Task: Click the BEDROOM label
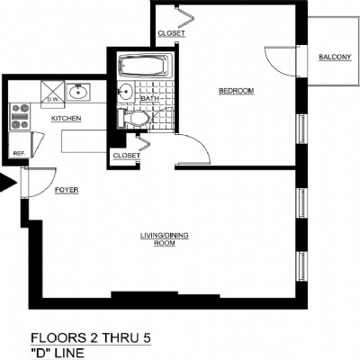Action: [237, 91]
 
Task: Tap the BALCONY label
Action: [335, 58]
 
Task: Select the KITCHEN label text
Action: [67, 119]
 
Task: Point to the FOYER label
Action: [66, 191]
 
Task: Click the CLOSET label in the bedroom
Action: [171, 33]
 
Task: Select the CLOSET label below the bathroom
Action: [126, 156]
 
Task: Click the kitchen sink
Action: [78, 91]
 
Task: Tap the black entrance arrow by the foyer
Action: [8, 185]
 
